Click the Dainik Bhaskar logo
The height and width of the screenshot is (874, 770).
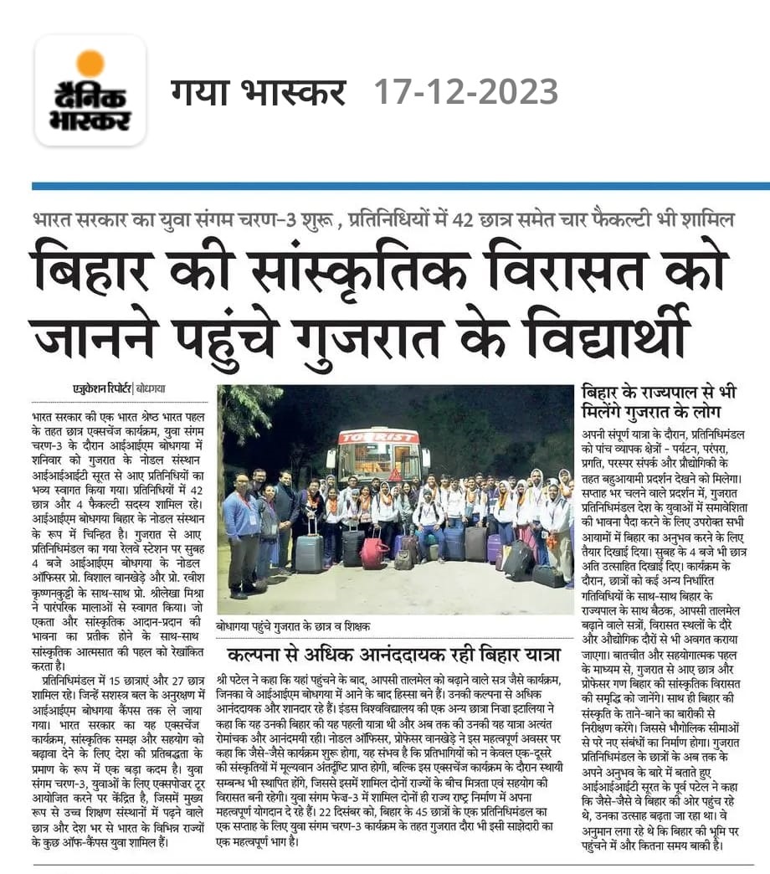90,91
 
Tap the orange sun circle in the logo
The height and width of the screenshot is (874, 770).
90,64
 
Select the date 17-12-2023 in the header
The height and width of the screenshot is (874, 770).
465,91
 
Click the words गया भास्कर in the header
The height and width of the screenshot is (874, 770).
260,91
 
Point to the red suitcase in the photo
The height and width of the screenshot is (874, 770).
374,553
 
